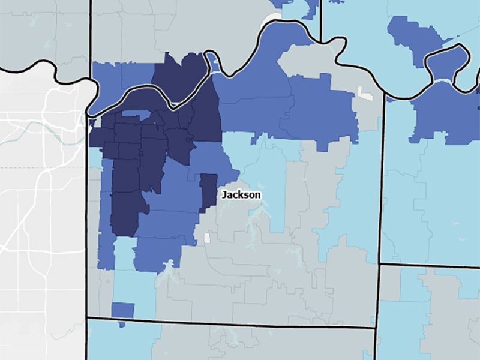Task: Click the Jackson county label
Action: tap(241, 195)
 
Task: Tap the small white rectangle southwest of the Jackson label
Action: tap(207, 238)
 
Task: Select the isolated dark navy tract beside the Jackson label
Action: tap(208, 191)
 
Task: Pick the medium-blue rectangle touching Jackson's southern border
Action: tap(122, 310)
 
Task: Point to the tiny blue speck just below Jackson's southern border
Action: tap(122, 325)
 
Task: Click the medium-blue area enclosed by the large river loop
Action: tap(447, 60)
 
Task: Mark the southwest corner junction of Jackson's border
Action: tap(88, 317)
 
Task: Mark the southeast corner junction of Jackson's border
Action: tap(377, 328)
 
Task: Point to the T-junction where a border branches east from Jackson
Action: tap(380, 263)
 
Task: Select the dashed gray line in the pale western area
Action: tap(42, 167)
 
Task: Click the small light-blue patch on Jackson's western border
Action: tap(95, 157)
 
